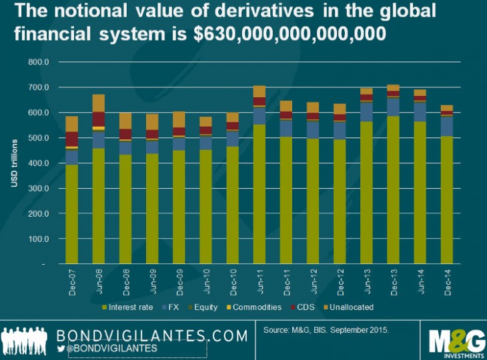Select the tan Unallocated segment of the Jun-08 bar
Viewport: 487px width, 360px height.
[x=99, y=103]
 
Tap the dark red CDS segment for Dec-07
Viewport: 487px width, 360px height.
[x=72, y=139]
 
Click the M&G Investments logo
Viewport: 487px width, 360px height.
[x=453, y=341]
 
